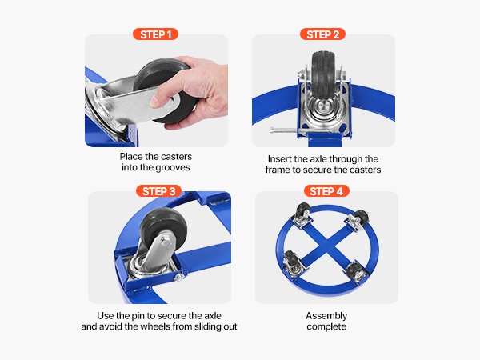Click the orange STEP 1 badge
[155, 34]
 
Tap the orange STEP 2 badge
[322, 34]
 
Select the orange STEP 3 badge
[159, 191]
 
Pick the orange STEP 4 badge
[326, 191]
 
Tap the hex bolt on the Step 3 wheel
[166, 242]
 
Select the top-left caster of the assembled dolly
[302, 215]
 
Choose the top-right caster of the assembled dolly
[358, 219]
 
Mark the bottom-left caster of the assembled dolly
[292, 263]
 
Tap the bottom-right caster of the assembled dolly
[356, 271]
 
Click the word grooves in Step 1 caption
[172, 168]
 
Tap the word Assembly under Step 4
[326, 316]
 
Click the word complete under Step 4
[326, 326]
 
